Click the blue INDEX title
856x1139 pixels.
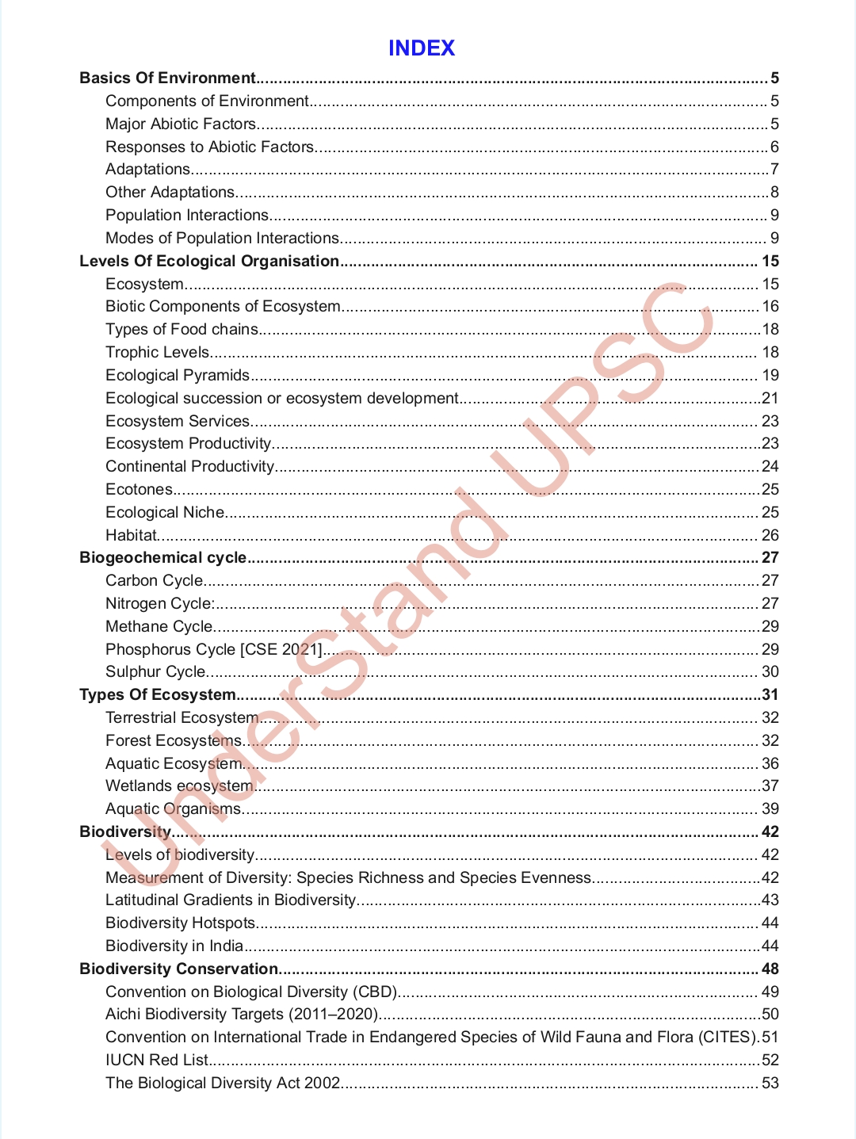(421, 48)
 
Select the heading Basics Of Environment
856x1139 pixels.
(167, 78)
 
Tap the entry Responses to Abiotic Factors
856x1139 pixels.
(209, 147)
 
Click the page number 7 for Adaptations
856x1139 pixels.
(774, 170)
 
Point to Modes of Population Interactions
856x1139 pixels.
(222, 238)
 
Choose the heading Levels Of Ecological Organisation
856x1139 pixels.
(209, 261)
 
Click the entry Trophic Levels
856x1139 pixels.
(157, 352)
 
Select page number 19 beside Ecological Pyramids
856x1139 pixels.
(770, 375)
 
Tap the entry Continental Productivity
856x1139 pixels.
(189, 466)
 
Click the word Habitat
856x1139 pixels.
(131, 535)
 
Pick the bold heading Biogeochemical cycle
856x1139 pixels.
(162, 557)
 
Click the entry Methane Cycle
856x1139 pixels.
(159, 626)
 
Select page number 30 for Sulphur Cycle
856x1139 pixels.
(770, 671)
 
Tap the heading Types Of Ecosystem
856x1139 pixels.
(158, 694)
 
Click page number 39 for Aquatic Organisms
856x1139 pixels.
(770, 808)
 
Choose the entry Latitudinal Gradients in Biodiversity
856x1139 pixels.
(230, 900)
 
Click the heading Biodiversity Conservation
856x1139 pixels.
(178, 969)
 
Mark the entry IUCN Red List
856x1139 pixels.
(156, 1060)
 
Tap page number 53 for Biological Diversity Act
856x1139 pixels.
(770, 1083)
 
